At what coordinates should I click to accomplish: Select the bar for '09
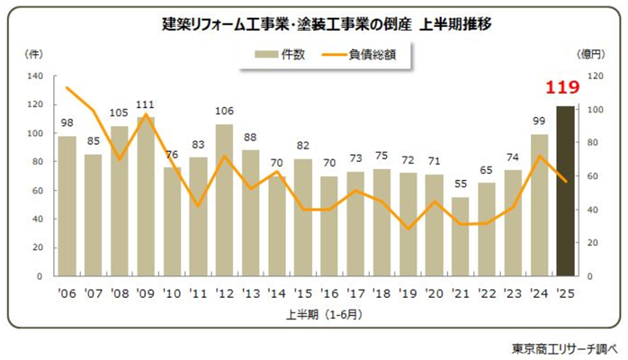(145, 196)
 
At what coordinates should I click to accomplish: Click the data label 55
(460, 188)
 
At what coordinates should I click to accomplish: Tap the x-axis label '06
(67, 292)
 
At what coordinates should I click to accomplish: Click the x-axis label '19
(408, 292)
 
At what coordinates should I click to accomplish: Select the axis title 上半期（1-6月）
(315, 313)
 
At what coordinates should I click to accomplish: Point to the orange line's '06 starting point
(67, 87)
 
